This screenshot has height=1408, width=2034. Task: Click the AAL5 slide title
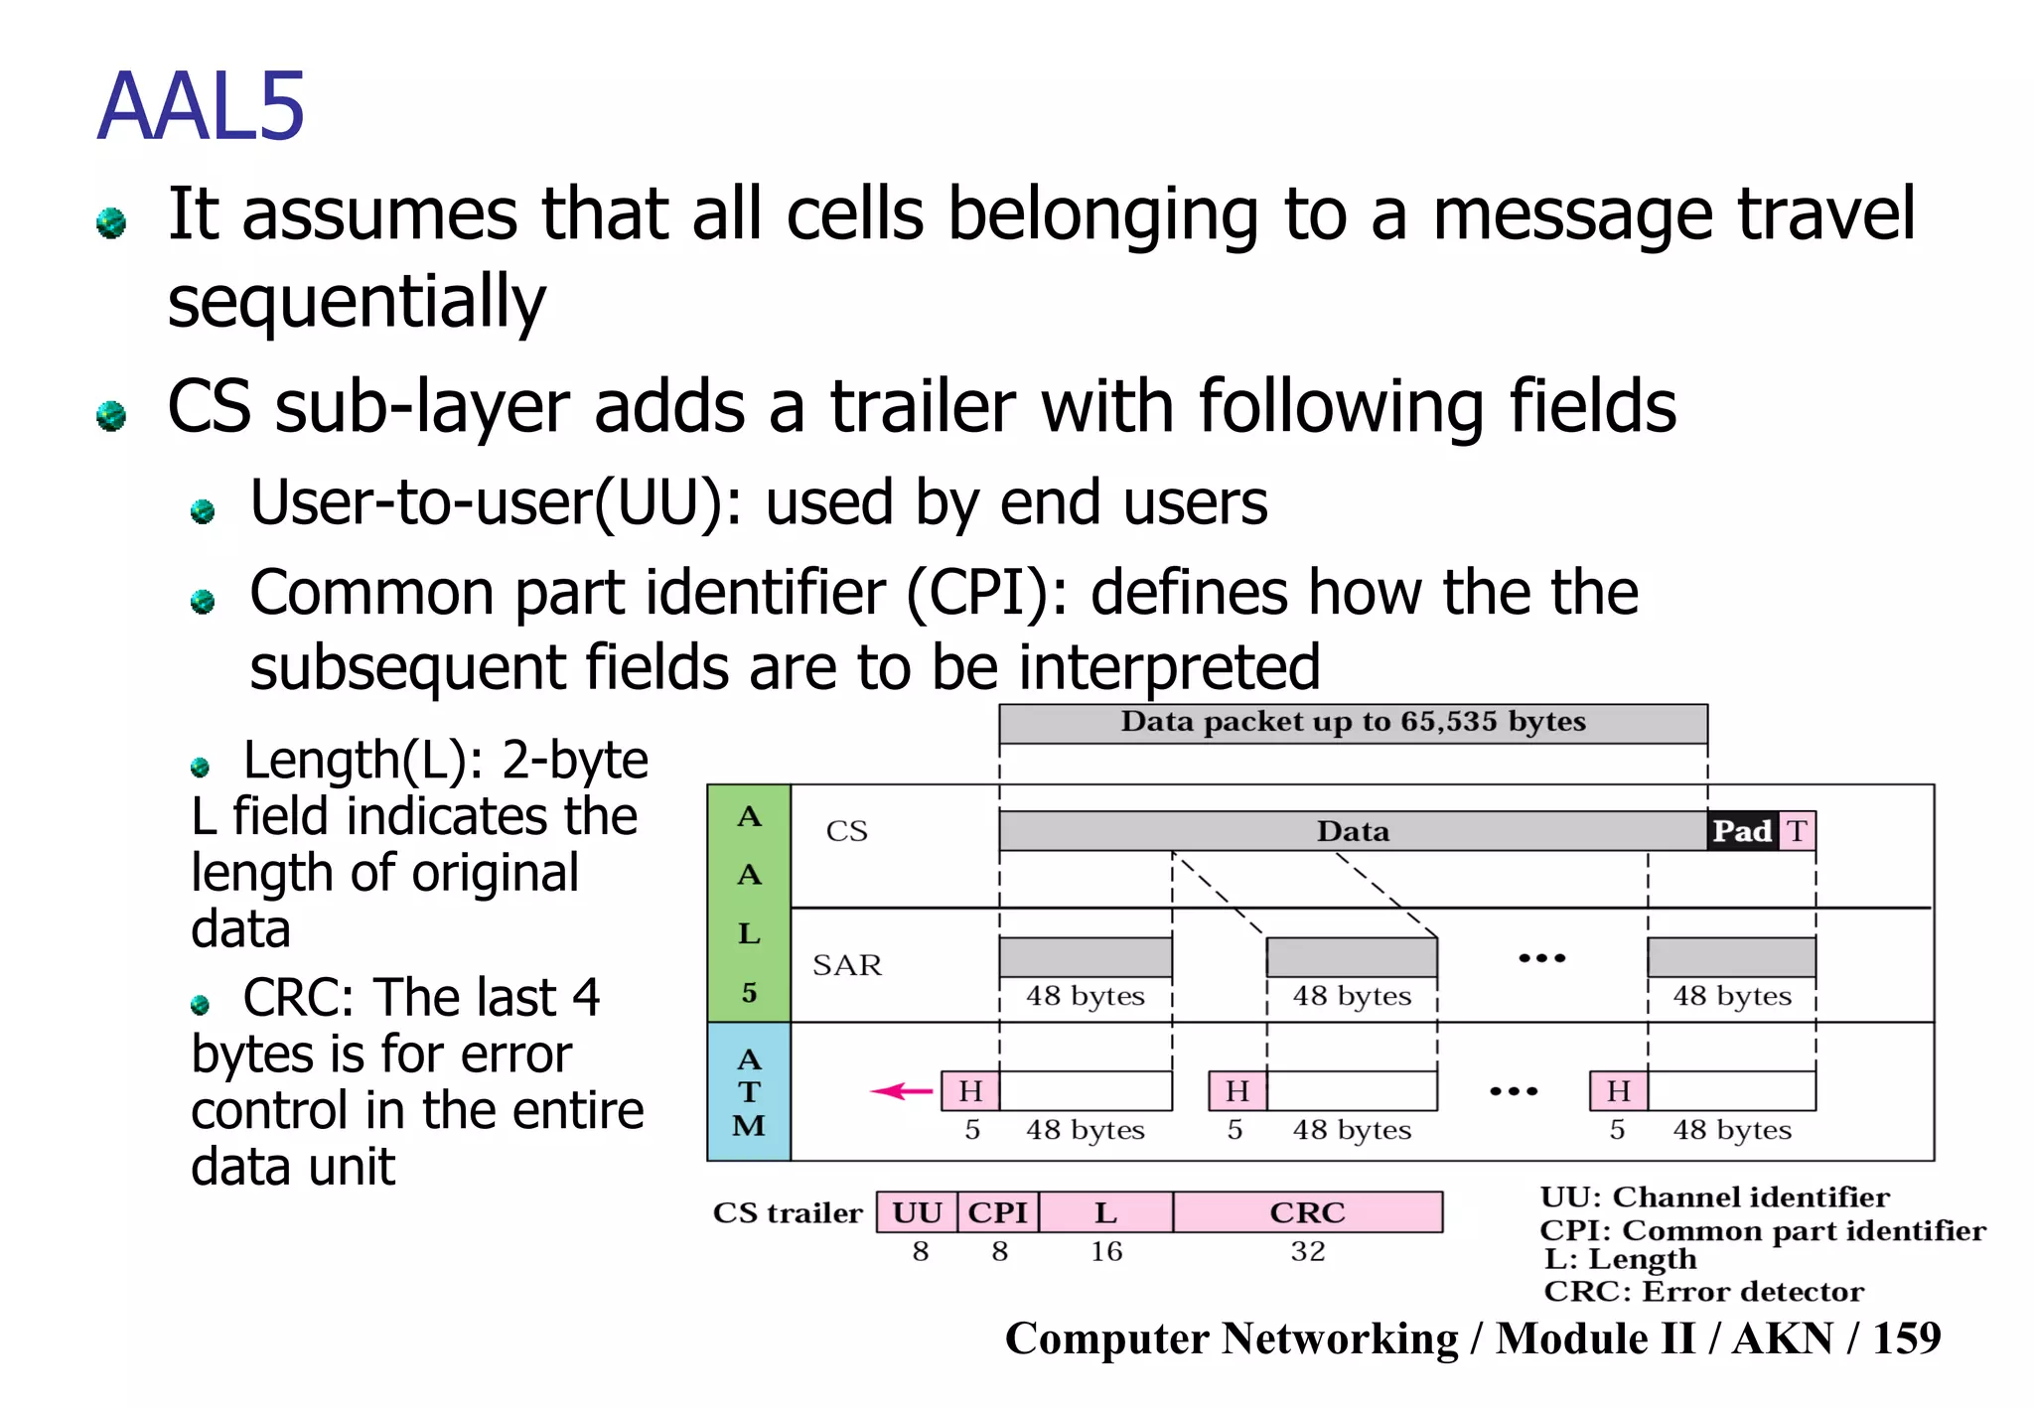pos(201,107)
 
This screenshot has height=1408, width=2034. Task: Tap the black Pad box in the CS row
pos(1742,831)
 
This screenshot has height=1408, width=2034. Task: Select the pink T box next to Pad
pos(1797,831)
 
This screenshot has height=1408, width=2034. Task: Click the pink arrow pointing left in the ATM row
pos(901,1091)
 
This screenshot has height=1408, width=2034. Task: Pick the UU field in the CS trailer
pos(917,1212)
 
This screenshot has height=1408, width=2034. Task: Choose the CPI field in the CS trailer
pos(998,1212)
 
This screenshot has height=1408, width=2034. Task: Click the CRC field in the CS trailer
pos(1307,1212)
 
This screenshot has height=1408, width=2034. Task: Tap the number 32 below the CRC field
pos(1307,1251)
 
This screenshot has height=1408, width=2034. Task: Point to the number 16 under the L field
pos(1105,1251)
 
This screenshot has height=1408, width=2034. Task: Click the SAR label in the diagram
pos(846,965)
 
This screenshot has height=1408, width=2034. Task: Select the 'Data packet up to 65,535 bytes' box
pos(1353,723)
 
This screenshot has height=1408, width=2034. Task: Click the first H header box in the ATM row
pos(970,1091)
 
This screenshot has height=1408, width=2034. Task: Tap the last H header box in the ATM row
pos(1618,1091)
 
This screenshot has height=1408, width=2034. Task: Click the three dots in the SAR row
pos(1541,958)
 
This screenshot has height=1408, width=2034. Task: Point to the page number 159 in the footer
pos(1906,1338)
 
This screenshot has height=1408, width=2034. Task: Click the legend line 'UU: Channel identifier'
pos(1714,1197)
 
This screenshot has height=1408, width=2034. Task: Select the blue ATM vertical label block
pos(749,1092)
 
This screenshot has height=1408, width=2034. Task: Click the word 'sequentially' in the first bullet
pos(357,301)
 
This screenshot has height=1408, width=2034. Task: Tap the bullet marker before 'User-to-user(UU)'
pos(203,511)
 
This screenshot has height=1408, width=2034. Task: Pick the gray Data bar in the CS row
pos(1353,831)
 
